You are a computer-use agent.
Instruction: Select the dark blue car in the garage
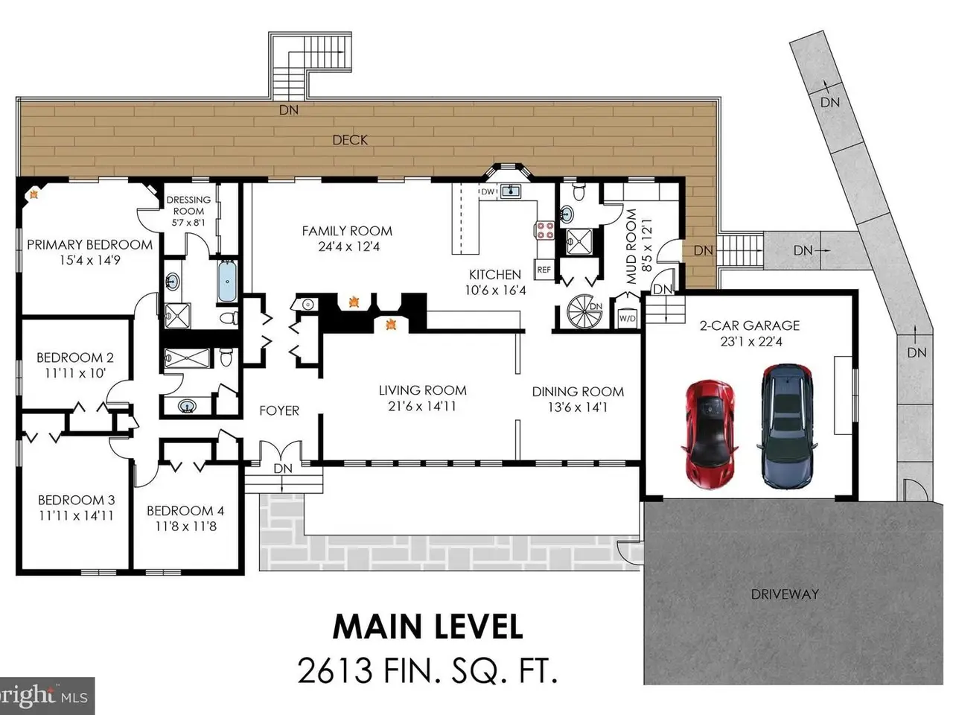[787, 427]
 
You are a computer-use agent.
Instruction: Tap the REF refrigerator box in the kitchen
[544, 270]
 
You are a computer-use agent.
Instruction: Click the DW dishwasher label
[488, 191]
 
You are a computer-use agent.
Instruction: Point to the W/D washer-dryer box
[627, 318]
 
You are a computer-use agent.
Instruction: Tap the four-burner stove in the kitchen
[546, 231]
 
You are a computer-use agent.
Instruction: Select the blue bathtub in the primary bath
[227, 282]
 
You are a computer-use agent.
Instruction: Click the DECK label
[350, 140]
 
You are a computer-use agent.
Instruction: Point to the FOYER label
[279, 410]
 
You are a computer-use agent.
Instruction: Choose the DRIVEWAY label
[785, 594]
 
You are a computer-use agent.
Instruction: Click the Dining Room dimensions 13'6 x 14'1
[578, 407]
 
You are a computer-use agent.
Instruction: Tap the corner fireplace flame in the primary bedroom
[34, 194]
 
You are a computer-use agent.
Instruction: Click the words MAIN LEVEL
[427, 627]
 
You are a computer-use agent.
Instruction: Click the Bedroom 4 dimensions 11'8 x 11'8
[186, 527]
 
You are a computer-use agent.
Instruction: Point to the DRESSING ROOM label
[188, 206]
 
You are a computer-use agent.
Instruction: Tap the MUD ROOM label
[631, 247]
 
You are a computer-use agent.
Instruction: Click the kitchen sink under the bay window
[511, 191]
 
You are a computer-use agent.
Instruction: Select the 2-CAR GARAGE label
[750, 325]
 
